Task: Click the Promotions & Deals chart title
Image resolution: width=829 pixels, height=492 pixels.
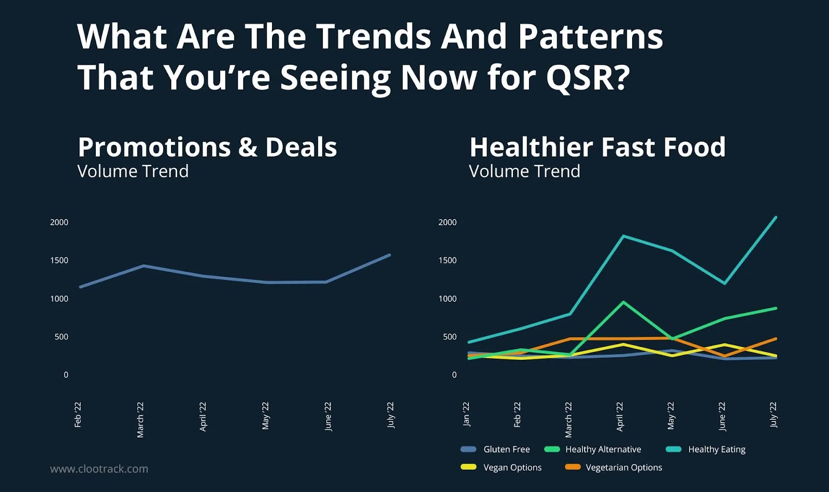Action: pyautogui.click(x=207, y=147)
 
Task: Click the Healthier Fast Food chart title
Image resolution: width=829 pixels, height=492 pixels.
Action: pyautogui.click(x=597, y=147)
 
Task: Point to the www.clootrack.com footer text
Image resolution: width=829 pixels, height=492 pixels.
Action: pyautogui.click(x=99, y=469)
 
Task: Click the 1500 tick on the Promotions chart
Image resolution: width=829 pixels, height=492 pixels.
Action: pyautogui.click(x=59, y=260)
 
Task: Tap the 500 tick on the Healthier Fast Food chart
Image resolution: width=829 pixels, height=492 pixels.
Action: pyautogui.click(x=450, y=337)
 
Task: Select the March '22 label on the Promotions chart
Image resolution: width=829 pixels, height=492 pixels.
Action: pyautogui.click(x=140, y=419)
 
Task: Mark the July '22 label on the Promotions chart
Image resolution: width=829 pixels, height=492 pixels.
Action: pyautogui.click(x=391, y=415)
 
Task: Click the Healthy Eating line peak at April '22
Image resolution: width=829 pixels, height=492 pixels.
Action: pyautogui.click(x=623, y=236)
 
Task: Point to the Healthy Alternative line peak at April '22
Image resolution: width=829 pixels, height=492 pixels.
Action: pyautogui.click(x=623, y=302)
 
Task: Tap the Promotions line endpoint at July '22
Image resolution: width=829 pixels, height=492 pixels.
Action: pyautogui.click(x=390, y=255)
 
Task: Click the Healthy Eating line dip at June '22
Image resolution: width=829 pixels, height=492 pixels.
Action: pyautogui.click(x=724, y=284)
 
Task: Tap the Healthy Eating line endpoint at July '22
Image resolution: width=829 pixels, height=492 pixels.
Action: pyautogui.click(x=776, y=217)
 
